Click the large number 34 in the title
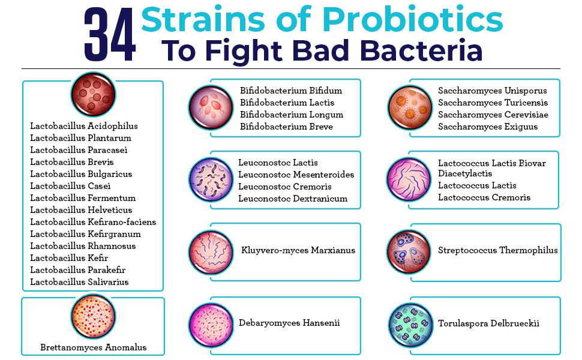point(110,35)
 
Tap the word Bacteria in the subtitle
point(421,50)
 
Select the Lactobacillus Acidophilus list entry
point(84,126)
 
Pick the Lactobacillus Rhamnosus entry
point(83,246)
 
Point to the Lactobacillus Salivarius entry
point(79,282)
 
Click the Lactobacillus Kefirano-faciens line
point(93,222)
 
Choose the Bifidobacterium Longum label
point(292,115)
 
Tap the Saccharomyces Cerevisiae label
point(493,115)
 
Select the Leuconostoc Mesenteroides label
point(296,175)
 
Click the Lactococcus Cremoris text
point(484,197)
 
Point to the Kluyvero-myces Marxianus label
point(298,251)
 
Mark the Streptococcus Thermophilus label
point(498,251)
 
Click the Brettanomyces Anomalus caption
point(94,347)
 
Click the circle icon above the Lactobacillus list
point(93,94)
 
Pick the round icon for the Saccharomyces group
point(410,107)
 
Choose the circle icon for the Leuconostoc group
point(211,179)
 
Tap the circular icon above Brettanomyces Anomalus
point(93,317)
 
